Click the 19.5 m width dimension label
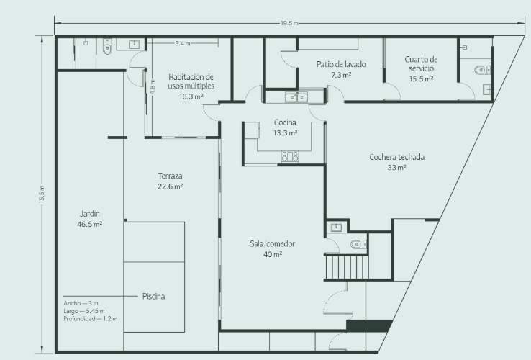pos(289,23)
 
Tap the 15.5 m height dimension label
pos(42,195)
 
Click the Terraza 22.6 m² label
pos(171,181)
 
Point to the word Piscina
pos(153,296)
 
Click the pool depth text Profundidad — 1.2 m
pos(91,319)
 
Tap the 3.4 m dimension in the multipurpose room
pos(183,43)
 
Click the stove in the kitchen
pos(290,156)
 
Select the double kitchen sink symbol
pos(296,97)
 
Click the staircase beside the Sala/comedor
pos(347,267)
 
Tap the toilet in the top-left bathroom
pos(107,47)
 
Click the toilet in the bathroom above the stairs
pos(358,244)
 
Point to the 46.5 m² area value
pos(90,224)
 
